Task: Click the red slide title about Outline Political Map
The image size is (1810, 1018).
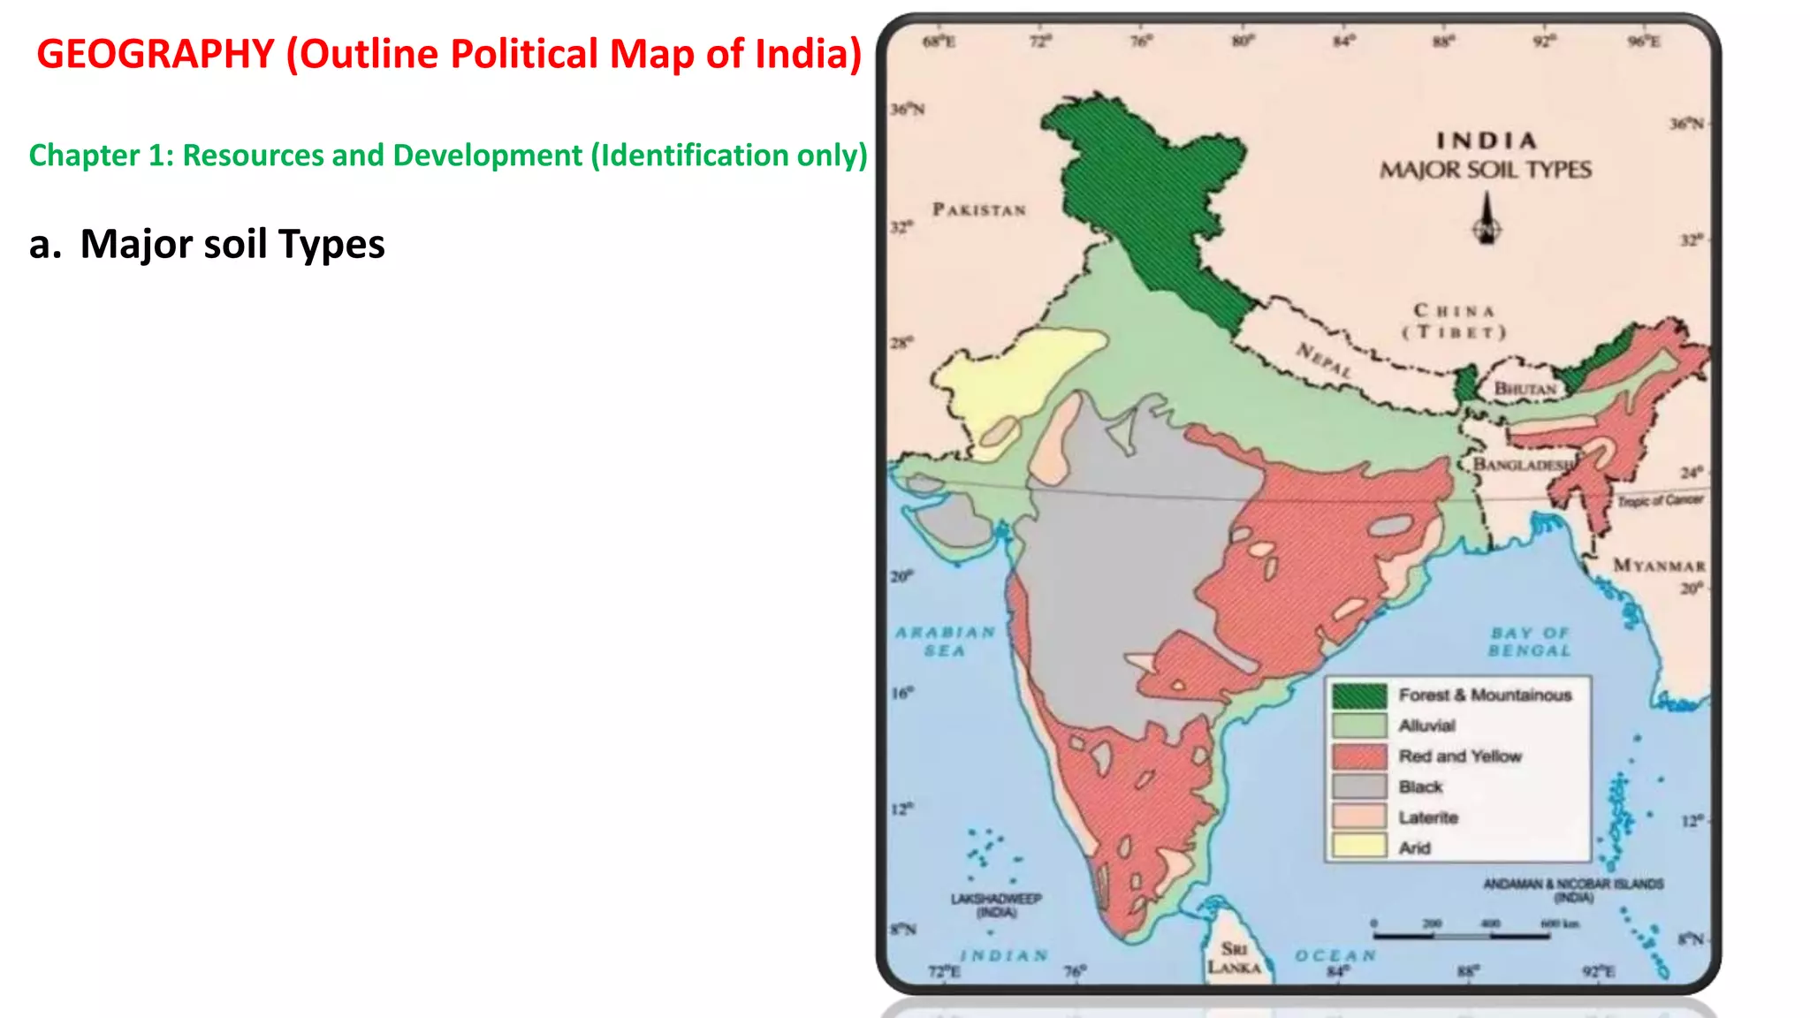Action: pos(449,55)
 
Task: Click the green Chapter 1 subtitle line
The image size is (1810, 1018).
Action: pos(448,156)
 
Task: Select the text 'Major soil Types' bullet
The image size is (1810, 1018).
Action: pos(232,245)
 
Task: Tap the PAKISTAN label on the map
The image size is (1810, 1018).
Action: pos(979,210)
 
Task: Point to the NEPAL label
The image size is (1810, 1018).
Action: pos(1324,361)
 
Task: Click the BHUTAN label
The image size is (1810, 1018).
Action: pos(1525,389)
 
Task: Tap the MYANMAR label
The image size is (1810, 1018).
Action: pos(1659,566)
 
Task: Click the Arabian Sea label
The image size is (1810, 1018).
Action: pos(945,642)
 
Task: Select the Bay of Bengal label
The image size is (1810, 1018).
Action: pos(1530,642)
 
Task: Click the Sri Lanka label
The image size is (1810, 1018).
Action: pos(1234,958)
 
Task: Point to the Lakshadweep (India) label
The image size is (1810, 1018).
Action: pos(996,905)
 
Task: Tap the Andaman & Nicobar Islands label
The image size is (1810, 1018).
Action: pos(1573,890)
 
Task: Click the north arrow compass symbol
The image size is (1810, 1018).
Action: pos(1487,220)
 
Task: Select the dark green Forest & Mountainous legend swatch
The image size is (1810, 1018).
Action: pos(1359,695)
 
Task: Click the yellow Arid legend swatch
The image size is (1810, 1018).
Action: pos(1359,847)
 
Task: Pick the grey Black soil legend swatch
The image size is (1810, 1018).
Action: pos(1359,786)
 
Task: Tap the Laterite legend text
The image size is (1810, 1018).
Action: pos(1428,817)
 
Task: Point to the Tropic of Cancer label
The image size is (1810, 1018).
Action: pos(1660,500)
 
